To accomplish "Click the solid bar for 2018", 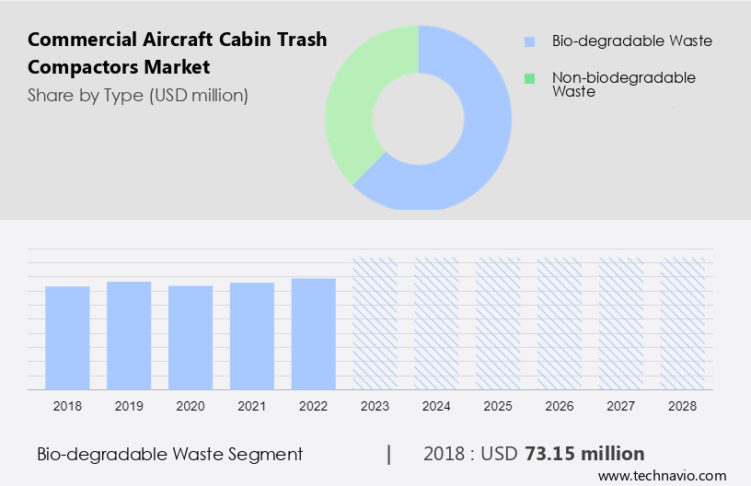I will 67,337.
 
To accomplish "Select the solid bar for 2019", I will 129,335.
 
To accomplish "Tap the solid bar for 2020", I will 191,337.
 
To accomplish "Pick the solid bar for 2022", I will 313,333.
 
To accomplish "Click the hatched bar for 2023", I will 375,323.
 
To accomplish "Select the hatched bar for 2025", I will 498,323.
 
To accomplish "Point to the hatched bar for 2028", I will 683,323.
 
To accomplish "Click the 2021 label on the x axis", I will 251,406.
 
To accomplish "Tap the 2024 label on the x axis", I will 436,406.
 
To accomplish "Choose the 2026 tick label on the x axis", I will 560,406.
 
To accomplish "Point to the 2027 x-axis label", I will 621,406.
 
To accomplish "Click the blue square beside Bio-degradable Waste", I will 529,41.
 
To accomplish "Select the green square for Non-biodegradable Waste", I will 529,79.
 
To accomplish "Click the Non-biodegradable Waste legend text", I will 623,85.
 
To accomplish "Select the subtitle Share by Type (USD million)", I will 138,95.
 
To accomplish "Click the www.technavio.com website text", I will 663,476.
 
